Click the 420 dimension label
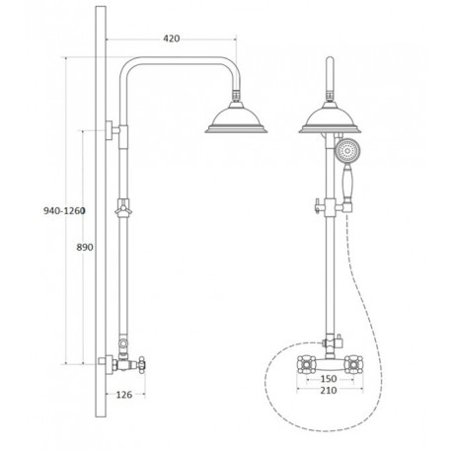pyautogui.click(x=172, y=38)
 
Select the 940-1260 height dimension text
pyautogui.click(x=64, y=210)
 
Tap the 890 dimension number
pyautogui.click(x=85, y=247)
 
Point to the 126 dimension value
pyautogui.click(x=124, y=395)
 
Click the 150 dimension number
pyautogui.click(x=329, y=379)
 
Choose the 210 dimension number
pyautogui.click(x=329, y=390)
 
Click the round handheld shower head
pyautogui.click(x=347, y=151)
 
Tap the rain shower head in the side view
pyautogui.click(x=236, y=117)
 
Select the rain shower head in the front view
pyautogui.click(x=330, y=117)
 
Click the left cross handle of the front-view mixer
pyautogui.click(x=306, y=364)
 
